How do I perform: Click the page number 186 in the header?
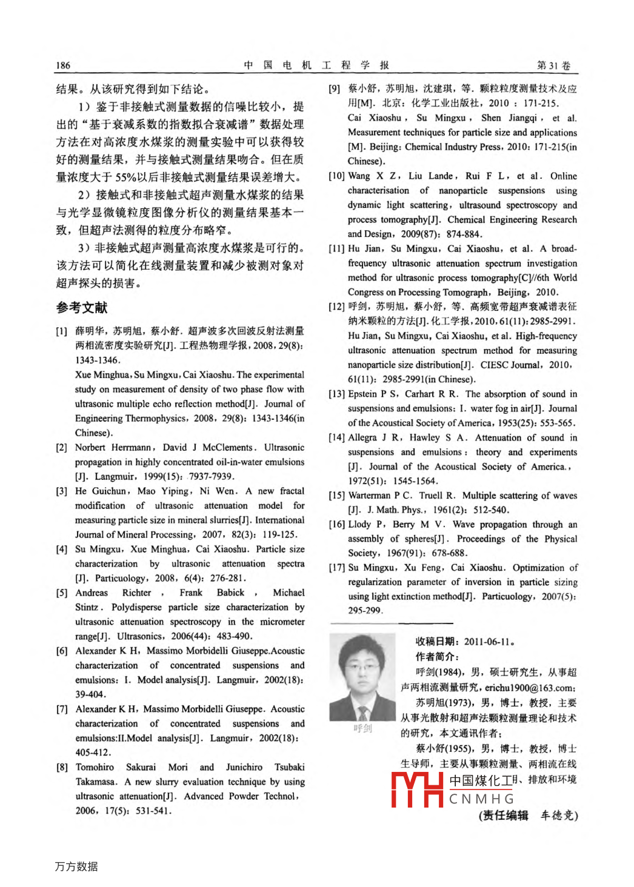(x=63, y=65)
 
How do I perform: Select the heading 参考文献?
(x=82, y=308)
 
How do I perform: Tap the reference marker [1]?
(x=62, y=331)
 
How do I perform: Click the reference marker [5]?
(x=62, y=593)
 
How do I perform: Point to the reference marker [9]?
(x=335, y=89)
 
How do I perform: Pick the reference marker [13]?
(x=337, y=394)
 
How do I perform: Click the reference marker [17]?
(x=337, y=568)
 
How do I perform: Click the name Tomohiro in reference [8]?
(x=95, y=768)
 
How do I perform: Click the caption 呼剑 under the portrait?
(x=362, y=729)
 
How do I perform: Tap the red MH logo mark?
(x=417, y=789)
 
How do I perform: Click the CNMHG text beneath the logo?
(x=481, y=800)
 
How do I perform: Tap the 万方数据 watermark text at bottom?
(x=76, y=867)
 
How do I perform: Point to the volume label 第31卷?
(x=554, y=65)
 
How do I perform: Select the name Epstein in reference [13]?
(x=362, y=394)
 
